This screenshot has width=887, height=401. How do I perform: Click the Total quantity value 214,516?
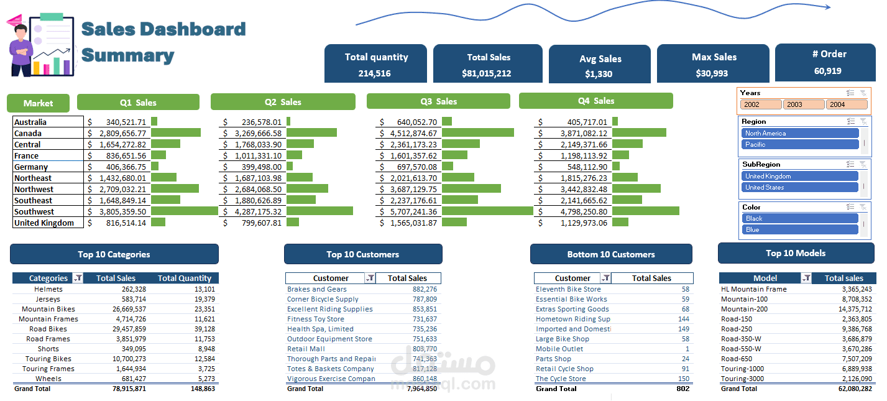click(x=374, y=73)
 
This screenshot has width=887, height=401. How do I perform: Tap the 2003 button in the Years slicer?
click(x=802, y=104)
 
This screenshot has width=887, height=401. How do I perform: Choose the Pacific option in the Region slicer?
click(x=799, y=144)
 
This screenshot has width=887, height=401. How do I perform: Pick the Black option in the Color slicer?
click(x=799, y=218)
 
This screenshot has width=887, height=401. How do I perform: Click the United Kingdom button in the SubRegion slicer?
click(x=799, y=176)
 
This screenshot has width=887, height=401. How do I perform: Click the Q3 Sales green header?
click(x=438, y=101)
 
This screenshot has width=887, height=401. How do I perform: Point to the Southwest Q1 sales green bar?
click(x=183, y=211)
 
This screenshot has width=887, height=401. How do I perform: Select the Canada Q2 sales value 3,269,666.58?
click(x=257, y=133)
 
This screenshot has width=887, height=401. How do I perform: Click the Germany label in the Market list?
click(x=31, y=167)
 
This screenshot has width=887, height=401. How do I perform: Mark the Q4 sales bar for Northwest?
click(x=637, y=189)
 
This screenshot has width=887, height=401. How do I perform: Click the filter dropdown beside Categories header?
click(x=78, y=279)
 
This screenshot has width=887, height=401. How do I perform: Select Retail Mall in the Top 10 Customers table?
click(x=306, y=349)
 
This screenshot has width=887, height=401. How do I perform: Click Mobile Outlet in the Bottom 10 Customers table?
click(x=559, y=349)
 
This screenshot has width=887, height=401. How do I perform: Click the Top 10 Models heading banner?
click(x=796, y=253)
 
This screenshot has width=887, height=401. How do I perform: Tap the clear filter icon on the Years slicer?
click(x=863, y=93)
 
